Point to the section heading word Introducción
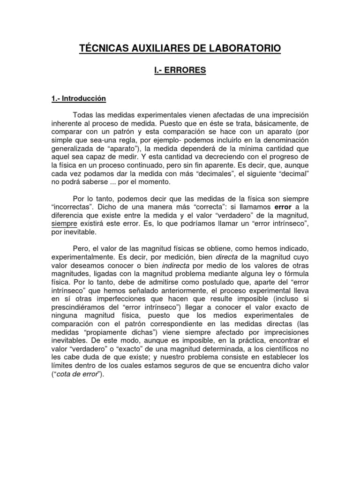83,98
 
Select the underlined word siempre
62,224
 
